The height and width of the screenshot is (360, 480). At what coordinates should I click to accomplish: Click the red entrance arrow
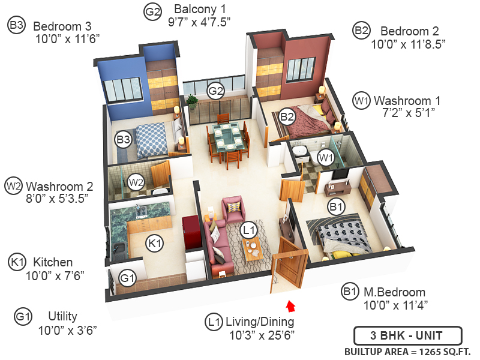(292, 307)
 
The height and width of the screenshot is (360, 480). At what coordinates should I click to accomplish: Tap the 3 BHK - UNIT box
(407, 335)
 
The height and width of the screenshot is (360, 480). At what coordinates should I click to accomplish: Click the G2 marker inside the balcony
(215, 91)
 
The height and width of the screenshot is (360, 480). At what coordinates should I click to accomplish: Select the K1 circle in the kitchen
(155, 243)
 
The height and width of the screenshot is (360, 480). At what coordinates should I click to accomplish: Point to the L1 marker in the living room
(248, 229)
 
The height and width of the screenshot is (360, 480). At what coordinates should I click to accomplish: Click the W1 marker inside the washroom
(325, 158)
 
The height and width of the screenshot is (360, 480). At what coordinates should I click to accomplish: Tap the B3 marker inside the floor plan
(123, 140)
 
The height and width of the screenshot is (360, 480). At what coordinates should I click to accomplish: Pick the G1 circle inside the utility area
(127, 278)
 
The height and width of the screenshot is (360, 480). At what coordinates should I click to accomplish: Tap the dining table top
(227, 136)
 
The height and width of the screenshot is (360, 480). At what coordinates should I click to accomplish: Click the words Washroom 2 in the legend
(59, 185)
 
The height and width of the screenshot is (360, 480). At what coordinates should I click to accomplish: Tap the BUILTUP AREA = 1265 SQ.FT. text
(407, 351)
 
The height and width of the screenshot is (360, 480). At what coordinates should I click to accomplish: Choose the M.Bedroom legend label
(395, 292)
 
